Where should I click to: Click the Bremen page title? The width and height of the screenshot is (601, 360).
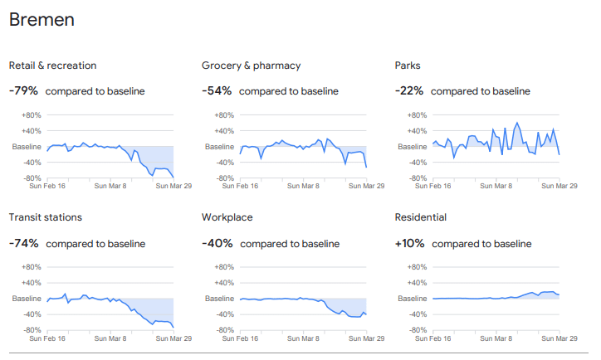tap(42, 20)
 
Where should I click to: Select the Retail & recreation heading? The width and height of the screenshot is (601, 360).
tap(52, 66)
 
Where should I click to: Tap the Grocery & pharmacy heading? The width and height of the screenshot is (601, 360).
tap(251, 66)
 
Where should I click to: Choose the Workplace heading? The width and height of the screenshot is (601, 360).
tap(227, 217)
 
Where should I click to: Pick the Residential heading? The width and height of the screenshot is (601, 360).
tap(420, 217)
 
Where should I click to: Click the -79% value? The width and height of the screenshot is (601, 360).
tap(24, 90)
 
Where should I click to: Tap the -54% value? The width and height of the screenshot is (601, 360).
tap(217, 90)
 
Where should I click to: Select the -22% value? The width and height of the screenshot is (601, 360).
tap(409, 90)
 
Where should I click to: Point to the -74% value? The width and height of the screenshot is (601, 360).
tap(24, 243)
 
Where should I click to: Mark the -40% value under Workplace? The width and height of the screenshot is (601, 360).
tap(217, 243)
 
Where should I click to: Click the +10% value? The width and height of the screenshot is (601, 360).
tap(410, 243)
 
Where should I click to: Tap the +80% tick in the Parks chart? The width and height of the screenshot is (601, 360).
tap(418, 115)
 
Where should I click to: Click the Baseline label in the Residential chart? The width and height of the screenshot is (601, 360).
tap(413, 299)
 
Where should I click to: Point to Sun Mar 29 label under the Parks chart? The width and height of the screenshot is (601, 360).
tap(559, 187)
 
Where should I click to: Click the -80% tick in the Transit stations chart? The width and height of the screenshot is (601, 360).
tap(32, 330)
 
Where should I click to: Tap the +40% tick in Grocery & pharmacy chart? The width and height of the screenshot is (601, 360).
tap(225, 131)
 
